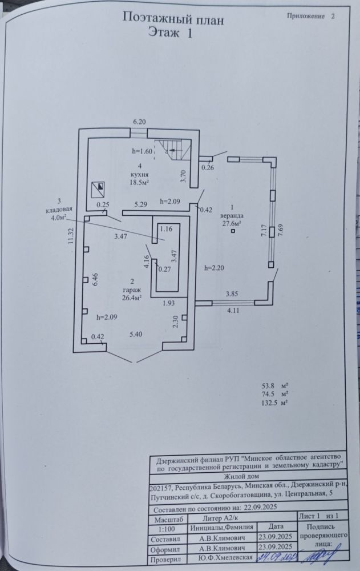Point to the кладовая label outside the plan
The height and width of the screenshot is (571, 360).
click(58, 210)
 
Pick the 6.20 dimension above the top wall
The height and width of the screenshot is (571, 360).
click(139, 122)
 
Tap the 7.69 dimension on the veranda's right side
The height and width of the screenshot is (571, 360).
click(280, 231)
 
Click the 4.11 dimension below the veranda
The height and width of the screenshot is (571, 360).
click(233, 311)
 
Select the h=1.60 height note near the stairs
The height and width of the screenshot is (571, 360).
click(142, 151)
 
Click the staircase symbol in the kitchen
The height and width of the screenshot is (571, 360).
click(173, 150)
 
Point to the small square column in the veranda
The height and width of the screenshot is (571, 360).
click(233, 231)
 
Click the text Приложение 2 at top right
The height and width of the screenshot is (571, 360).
click(310, 16)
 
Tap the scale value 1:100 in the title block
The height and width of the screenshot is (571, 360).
click(167, 529)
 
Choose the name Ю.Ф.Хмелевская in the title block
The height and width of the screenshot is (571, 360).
click(225, 557)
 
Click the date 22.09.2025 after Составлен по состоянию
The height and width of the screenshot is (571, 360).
click(261, 507)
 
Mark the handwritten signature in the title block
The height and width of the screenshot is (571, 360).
click(320, 556)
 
